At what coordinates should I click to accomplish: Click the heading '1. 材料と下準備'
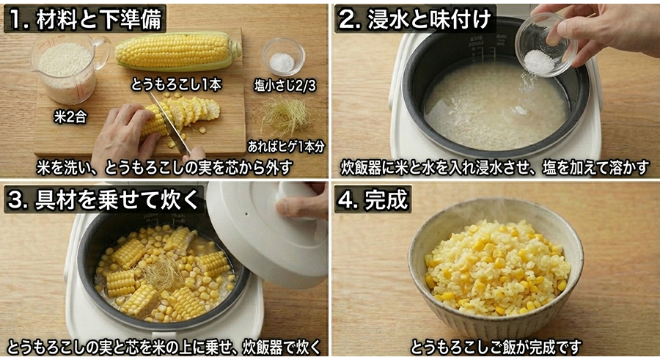(85, 19)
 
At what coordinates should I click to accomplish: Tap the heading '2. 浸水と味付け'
(414, 19)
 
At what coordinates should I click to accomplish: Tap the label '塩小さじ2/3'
(283, 84)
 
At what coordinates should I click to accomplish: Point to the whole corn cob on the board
(177, 51)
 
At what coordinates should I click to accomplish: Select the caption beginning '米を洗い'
(164, 167)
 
